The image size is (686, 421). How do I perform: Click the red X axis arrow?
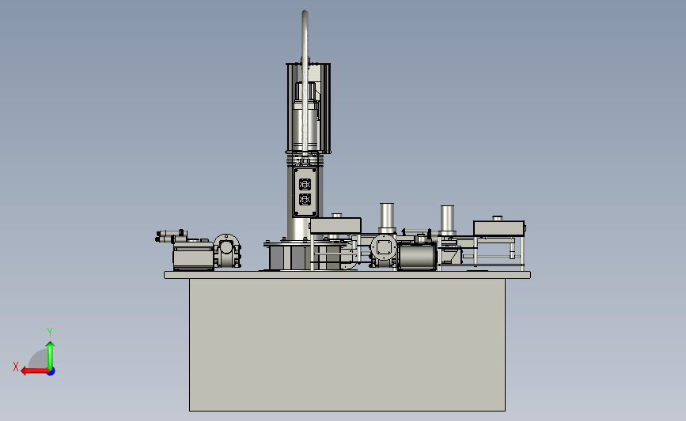[x=35, y=371]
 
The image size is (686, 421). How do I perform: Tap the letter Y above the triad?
[x=50, y=333]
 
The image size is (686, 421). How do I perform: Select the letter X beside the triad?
[x=16, y=366]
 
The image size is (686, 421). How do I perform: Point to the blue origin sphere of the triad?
[x=51, y=372]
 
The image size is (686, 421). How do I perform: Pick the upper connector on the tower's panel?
[x=305, y=184]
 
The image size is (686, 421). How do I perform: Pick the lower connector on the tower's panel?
[x=305, y=200]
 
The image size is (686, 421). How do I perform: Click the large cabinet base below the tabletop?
[x=347, y=345]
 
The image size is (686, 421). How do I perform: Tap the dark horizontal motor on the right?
[x=417, y=256]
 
